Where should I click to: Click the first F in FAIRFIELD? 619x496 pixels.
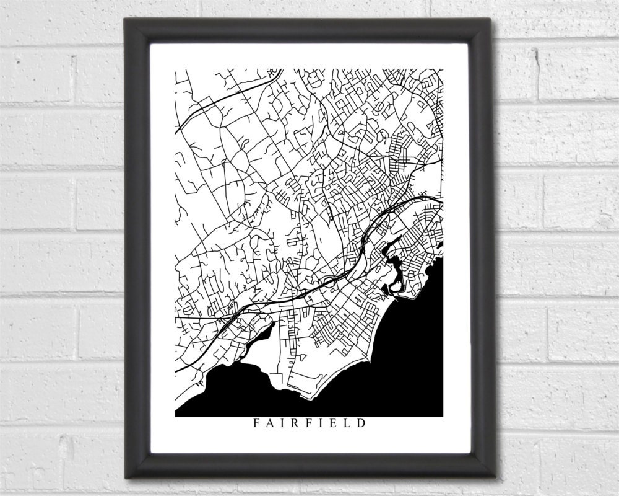pyautogui.click(x=256, y=425)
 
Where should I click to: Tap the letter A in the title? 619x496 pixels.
pyautogui.click(x=269, y=425)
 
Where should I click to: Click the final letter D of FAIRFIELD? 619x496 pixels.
pyautogui.click(x=361, y=425)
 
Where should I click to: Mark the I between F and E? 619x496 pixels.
pyautogui.click(x=321, y=425)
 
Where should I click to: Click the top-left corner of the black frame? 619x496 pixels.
pyautogui.click(x=126, y=19)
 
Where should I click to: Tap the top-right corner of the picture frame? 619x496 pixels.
pyautogui.click(x=491, y=19)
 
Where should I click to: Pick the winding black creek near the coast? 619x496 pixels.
pyautogui.click(x=394, y=260)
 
